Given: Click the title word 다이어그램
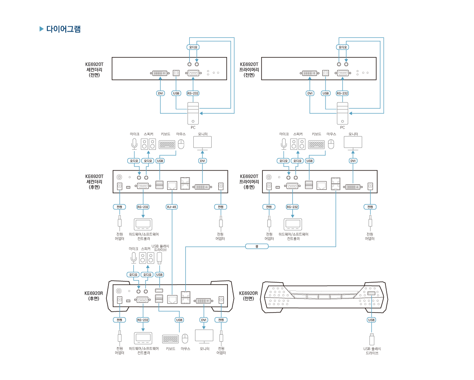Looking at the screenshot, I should coord(63,29).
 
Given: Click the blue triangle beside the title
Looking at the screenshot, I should coord(42,29).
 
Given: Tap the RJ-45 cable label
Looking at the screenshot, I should coord(172,207).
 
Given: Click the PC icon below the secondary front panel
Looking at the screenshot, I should coord(193,113).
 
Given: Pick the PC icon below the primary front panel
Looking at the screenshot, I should coord(343,113).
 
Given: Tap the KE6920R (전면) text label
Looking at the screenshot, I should coord(249,296).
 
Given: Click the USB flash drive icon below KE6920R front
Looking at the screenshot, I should coord(372,339).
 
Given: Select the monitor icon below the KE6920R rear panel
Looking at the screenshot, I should coord(204,336).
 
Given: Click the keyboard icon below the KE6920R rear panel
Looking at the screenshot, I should coord(170,339).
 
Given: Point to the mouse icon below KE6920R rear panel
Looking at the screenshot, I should coord(185,338).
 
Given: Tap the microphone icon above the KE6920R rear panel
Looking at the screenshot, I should coord(133,258).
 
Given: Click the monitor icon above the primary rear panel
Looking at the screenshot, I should coord(353,143).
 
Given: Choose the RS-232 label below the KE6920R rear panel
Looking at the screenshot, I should coord(143,320).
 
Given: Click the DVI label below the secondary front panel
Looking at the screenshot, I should coord(160,93).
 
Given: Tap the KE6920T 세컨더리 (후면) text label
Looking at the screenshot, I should coord(94,181).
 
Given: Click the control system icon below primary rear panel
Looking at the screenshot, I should coord(293,224).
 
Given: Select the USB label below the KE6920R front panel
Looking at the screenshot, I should coord(371,320).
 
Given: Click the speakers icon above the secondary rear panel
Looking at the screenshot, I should coord(148,144).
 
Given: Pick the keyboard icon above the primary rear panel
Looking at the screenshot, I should coord(316,144).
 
